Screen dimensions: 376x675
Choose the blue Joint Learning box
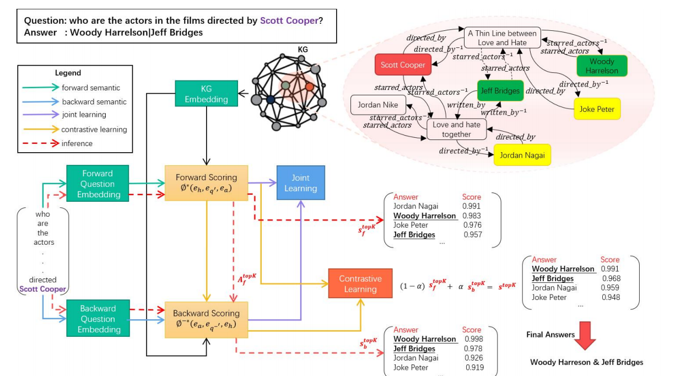(300, 183)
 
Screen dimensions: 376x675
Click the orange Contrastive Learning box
(360, 284)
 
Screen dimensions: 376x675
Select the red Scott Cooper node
(403, 65)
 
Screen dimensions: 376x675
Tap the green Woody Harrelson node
(602, 66)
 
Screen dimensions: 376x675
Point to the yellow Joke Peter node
(597, 109)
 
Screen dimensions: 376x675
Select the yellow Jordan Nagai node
(522, 155)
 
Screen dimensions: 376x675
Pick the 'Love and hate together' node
(456, 129)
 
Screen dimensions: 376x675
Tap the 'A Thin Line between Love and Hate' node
(501, 37)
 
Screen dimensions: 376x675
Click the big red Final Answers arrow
(585, 338)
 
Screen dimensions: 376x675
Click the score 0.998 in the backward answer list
(473, 339)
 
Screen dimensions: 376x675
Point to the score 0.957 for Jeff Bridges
(472, 235)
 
